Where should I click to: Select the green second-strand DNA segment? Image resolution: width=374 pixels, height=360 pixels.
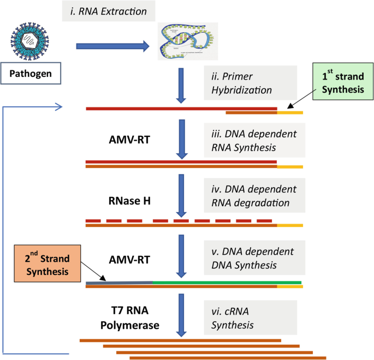pos(227,282)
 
